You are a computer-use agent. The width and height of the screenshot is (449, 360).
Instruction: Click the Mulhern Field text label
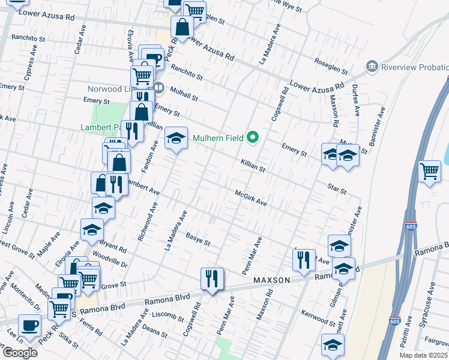point(218,138)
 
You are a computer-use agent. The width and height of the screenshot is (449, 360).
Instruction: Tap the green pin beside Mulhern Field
point(253,138)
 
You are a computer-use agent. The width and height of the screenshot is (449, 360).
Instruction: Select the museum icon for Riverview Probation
point(372,66)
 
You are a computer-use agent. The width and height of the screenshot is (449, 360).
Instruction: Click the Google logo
point(20,353)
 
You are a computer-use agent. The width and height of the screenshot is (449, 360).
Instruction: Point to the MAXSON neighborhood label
point(272,280)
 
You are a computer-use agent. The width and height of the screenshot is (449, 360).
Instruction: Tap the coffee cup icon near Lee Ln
point(29,326)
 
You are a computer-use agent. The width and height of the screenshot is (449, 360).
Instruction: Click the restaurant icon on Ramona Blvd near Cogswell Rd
point(212,278)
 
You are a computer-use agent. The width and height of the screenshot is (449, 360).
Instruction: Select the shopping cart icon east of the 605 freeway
point(430,172)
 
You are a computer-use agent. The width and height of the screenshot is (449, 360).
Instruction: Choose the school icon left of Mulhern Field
point(176,139)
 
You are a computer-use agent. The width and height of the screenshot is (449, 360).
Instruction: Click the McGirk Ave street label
point(250,198)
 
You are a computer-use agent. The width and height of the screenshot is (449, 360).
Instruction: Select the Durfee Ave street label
point(355,103)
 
